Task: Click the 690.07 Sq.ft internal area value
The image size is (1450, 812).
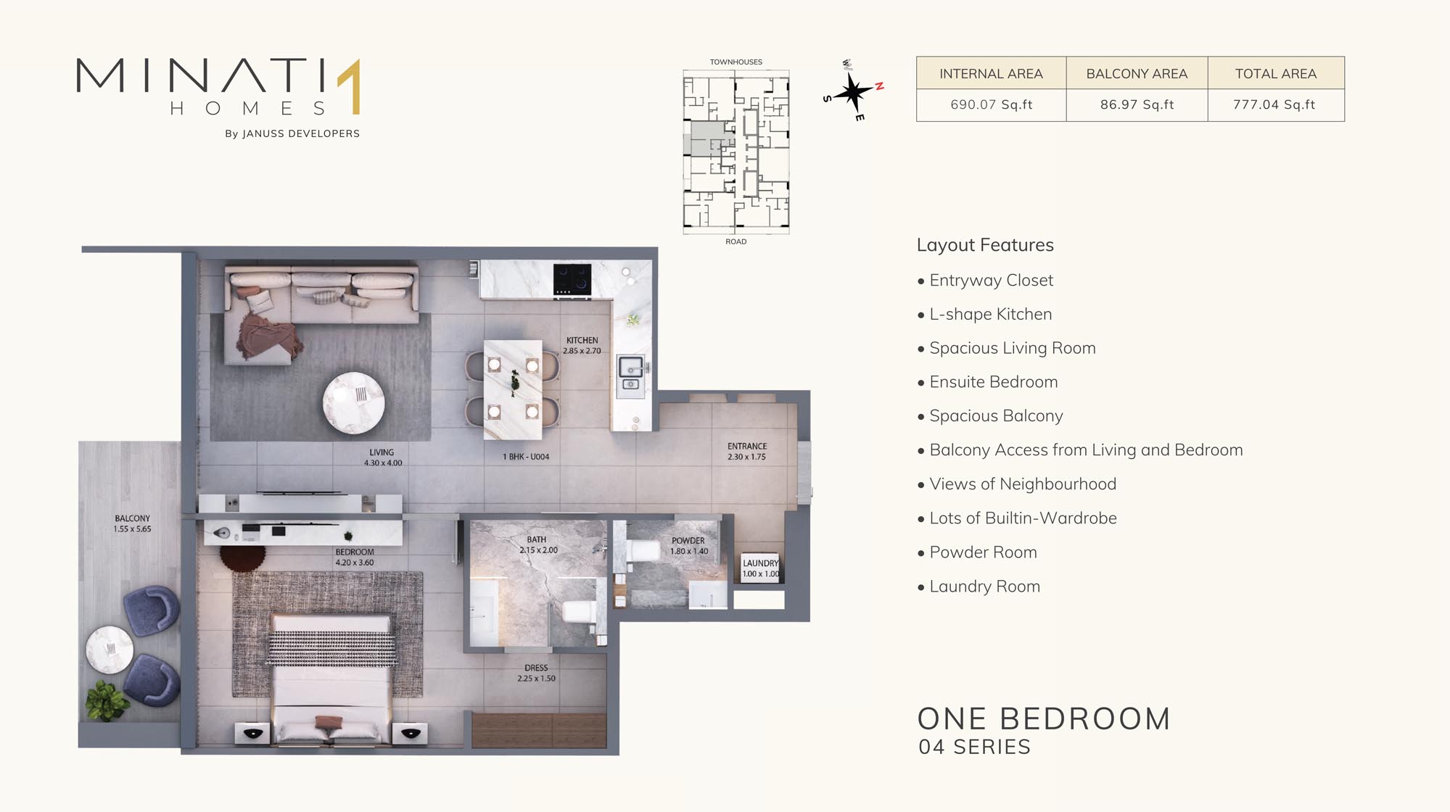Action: click(x=991, y=104)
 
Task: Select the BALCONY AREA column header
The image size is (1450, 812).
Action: click(x=1137, y=73)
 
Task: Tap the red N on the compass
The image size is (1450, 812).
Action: click(x=879, y=86)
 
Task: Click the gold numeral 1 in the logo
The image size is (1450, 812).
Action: click(x=351, y=86)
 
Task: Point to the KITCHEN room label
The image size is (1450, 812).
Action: click(x=582, y=340)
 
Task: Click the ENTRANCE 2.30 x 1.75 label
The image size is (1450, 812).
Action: click(x=747, y=451)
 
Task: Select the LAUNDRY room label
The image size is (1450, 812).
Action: click(x=760, y=563)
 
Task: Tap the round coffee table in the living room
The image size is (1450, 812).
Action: click(x=353, y=402)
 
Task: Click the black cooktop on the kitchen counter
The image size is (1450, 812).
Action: click(x=572, y=280)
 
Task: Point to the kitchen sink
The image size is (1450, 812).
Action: click(x=630, y=375)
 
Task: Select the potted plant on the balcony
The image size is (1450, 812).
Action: click(x=107, y=701)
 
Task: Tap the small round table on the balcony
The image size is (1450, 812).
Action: click(x=110, y=650)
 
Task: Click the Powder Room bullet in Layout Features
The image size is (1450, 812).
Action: click(x=977, y=552)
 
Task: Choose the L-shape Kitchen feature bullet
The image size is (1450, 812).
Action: click(x=984, y=315)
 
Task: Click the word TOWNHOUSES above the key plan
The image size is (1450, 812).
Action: click(x=736, y=62)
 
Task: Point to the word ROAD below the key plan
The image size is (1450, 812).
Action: click(x=736, y=241)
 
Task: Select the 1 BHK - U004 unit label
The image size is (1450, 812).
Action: click(x=526, y=457)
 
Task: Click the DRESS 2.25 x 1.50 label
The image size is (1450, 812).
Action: click(x=536, y=673)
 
